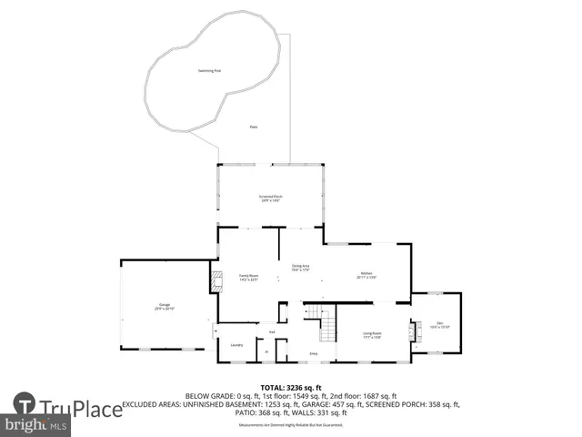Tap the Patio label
coord(253,127)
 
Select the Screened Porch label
coord(268,198)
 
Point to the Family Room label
coord(249,277)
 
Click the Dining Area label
coord(301,267)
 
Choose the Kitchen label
coord(366,275)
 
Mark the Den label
coord(439,324)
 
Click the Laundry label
coord(236,345)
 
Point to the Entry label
coord(314,353)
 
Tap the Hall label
coord(271,332)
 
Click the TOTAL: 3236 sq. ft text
coord(290,387)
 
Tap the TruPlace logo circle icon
coord(25,407)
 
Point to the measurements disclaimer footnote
coord(290,424)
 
